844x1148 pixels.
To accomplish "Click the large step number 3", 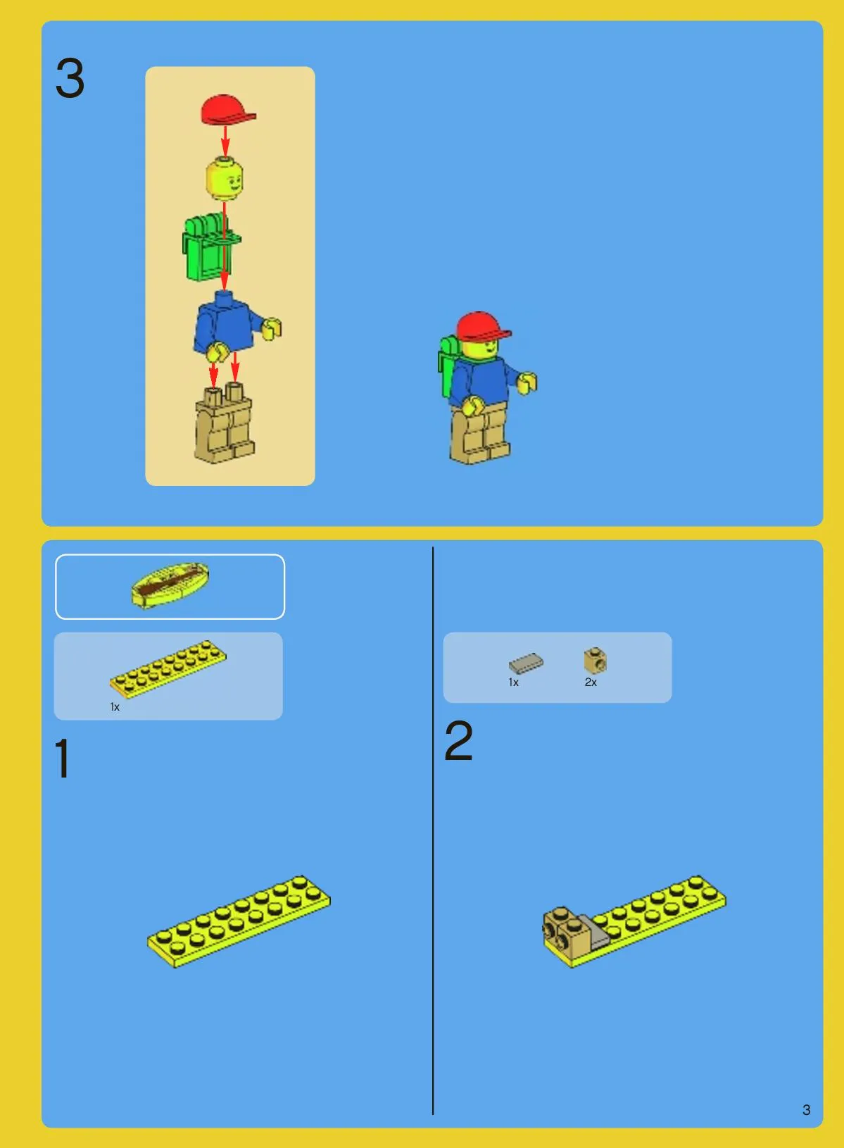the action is tap(70, 78).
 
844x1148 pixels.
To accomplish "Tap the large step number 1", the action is tap(62, 758).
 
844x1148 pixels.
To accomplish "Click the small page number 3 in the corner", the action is tap(806, 1109).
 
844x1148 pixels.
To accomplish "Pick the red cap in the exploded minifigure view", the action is tap(228, 110).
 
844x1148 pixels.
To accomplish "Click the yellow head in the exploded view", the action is tap(225, 178).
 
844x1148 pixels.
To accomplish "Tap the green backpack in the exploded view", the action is tap(210, 248).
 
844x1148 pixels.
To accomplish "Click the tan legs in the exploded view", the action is tap(224, 425).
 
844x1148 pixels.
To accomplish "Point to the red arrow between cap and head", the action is tap(225, 140).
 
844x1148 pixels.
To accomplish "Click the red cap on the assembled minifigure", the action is tap(482, 327).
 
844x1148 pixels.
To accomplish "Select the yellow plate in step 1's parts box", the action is tap(168, 669).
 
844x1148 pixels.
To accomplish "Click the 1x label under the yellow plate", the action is tap(115, 706).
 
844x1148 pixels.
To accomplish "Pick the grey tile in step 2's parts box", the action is tap(526, 663).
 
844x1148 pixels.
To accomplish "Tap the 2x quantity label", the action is tap(591, 682).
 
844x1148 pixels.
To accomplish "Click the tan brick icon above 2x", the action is tap(595, 660).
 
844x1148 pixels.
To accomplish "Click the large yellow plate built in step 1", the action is tap(239, 921).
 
